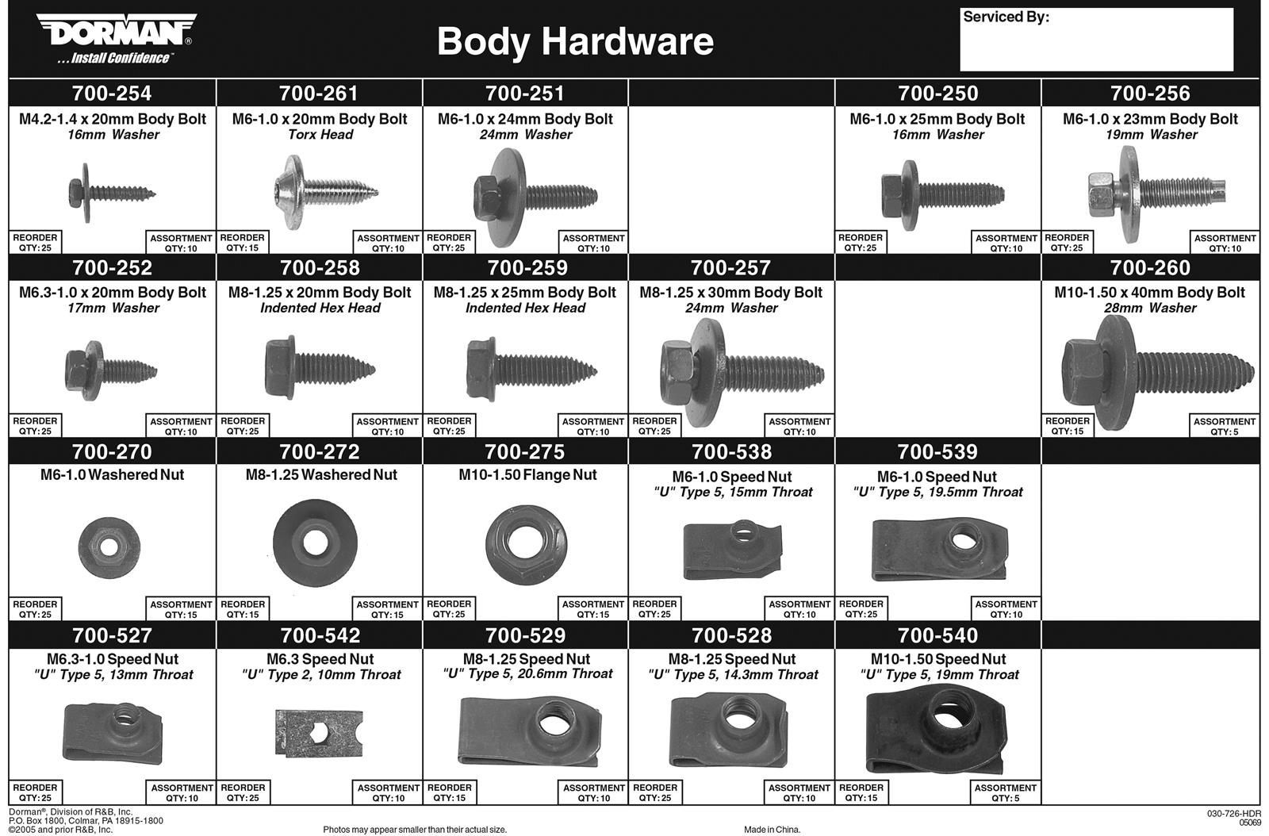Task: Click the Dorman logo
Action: [116, 38]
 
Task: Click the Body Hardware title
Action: [575, 41]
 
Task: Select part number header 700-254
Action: [112, 93]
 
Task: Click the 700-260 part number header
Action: [1150, 267]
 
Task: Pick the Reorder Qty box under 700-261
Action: [242, 242]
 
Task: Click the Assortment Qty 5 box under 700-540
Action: [1005, 792]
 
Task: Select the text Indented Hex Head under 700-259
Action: [525, 308]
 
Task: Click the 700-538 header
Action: [731, 451]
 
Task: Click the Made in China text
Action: [772, 830]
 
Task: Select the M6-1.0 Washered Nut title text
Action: [112, 474]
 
